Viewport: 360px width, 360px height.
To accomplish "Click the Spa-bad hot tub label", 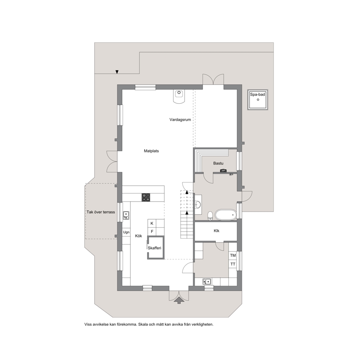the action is (x=258, y=94).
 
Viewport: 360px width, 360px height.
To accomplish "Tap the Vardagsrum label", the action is (x=180, y=120).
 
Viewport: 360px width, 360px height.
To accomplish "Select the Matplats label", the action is (x=151, y=151).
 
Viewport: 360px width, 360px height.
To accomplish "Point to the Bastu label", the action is (x=218, y=163).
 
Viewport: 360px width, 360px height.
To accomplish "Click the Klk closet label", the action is (x=217, y=231).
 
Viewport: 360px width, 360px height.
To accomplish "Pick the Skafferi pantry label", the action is (x=155, y=248).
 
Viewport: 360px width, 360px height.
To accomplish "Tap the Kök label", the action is (x=138, y=236).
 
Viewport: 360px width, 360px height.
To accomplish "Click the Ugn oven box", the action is (x=126, y=232).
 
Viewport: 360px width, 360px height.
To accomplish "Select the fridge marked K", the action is (x=152, y=223).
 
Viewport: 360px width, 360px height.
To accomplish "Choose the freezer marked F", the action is (x=152, y=232).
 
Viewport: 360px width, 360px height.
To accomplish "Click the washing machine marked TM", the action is (x=233, y=255).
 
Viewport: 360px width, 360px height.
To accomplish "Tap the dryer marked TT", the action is (x=233, y=264).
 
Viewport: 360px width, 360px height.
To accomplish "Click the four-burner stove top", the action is (x=146, y=197).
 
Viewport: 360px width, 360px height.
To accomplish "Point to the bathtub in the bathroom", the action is (x=226, y=215).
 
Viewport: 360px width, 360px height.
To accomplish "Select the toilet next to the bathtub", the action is (x=210, y=216).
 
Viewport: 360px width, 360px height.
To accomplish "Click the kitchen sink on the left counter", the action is (x=126, y=215).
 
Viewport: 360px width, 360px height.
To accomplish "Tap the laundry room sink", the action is (x=207, y=281).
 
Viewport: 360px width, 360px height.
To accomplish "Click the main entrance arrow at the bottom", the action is (x=179, y=300).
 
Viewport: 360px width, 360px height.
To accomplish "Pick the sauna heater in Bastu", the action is (x=223, y=171).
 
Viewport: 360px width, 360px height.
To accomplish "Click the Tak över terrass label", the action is (x=101, y=212).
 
